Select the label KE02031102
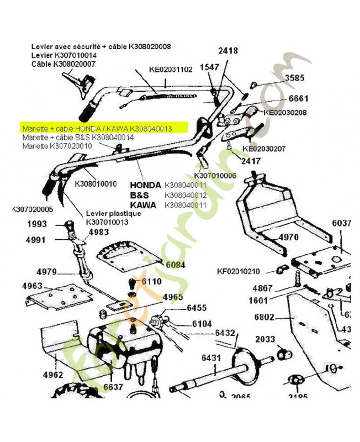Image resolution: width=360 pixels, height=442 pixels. (x=171, y=70)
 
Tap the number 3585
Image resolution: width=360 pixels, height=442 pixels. (x=294, y=78)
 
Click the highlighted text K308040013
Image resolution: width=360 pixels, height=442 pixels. (x=151, y=128)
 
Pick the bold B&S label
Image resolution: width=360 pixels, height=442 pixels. (x=141, y=195)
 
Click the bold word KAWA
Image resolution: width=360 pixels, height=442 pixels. (x=143, y=205)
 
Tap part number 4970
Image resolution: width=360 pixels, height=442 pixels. (x=288, y=238)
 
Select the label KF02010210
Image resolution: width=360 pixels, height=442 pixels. (x=238, y=271)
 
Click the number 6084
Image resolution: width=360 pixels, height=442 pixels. (x=176, y=265)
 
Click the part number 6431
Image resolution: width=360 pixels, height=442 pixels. (x=211, y=358)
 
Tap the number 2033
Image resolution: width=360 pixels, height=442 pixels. (x=266, y=339)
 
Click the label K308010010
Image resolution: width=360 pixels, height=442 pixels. (x=96, y=183)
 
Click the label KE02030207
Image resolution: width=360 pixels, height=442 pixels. (x=264, y=148)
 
